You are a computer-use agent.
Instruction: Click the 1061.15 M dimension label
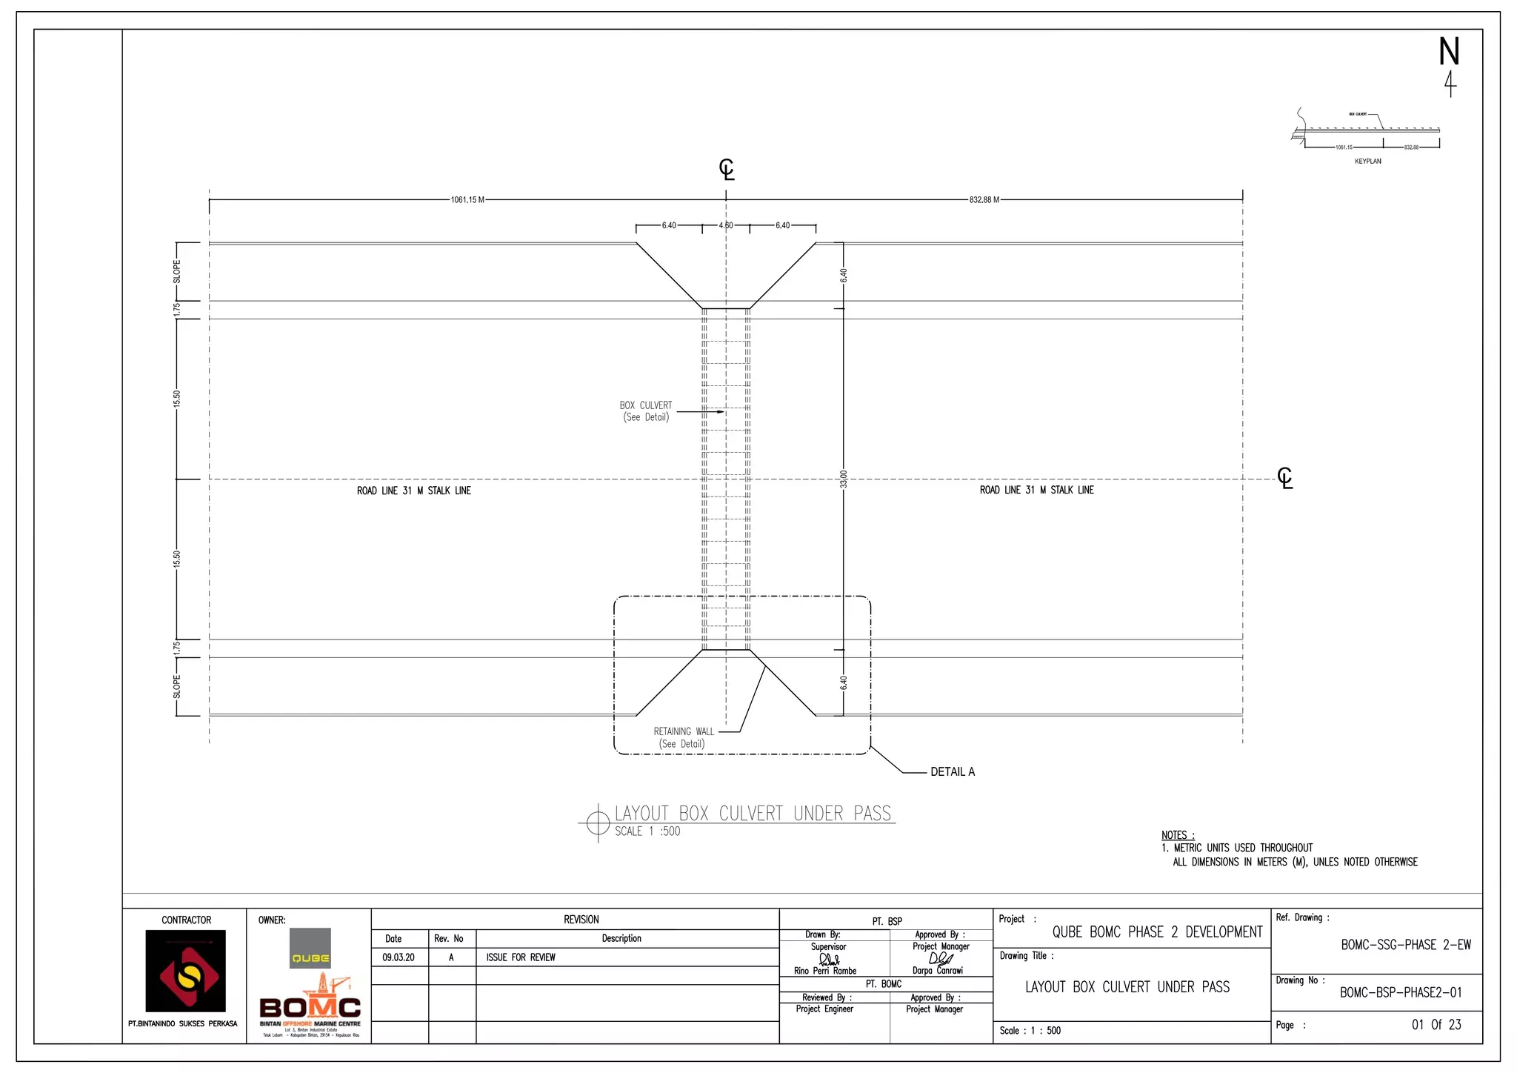coord(467,200)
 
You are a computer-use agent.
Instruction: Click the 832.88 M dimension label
coord(984,200)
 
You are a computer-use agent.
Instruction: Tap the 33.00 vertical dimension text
coord(843,479)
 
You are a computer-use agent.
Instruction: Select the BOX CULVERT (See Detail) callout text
coord(646,411)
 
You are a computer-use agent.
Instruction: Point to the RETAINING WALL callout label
coord(683,731)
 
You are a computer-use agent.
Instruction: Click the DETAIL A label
coord(953,772)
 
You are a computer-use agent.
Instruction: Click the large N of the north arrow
coord(1449,52)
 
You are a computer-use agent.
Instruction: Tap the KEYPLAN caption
coord(1367,162)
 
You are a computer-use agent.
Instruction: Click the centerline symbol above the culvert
coord(727,170)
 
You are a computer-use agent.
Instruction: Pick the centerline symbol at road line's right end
coord(1285,478)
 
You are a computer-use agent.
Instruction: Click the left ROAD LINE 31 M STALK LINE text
coord(413,491)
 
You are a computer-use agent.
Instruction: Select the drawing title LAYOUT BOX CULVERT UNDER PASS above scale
coord(753,814)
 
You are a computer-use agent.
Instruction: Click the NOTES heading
coord(1178,835)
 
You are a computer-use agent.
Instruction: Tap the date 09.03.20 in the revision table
coord(399,957)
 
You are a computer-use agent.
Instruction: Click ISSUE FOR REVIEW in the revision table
coord(521,957)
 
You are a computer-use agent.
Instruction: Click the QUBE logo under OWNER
coord(310,949)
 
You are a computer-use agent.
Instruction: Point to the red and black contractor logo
coord(185,971)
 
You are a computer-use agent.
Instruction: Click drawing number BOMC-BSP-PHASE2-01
coord(1400,993)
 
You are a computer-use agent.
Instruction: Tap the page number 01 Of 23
coord(1436,1025)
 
